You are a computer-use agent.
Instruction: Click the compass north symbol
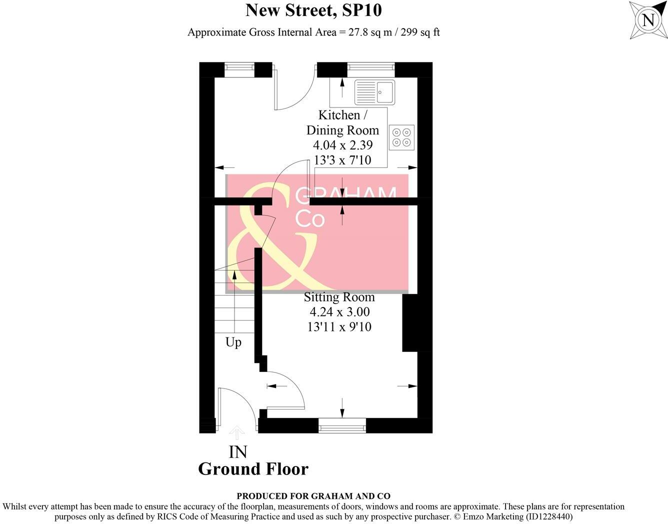tap(648, 20)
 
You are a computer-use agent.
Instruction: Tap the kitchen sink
tap(374, 92)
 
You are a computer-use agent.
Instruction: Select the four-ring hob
tap(401, 137)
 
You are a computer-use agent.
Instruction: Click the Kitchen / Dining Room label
tap(342, 122)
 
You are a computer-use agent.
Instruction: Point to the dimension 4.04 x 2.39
tap(342, 145)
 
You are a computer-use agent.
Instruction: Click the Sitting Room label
tap(339, 297)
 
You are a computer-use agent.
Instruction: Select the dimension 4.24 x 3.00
tap(339, 312)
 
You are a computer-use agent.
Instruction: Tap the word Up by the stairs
tap(233, 342)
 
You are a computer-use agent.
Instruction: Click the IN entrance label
tap(237, 452)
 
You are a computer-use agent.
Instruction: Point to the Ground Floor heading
tap(253, 469)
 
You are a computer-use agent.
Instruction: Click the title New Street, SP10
tap(313, 10)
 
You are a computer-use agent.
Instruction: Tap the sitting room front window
tap(342, 426)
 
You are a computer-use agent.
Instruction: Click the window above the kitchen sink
tap(370, 70)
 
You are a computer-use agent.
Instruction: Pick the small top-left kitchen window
tap(239, 70)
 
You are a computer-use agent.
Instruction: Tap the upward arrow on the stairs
tap(234, 278)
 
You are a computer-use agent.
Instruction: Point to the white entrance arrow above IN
tap(236, 433)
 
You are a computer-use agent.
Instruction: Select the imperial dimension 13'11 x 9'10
tap(339, 327)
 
